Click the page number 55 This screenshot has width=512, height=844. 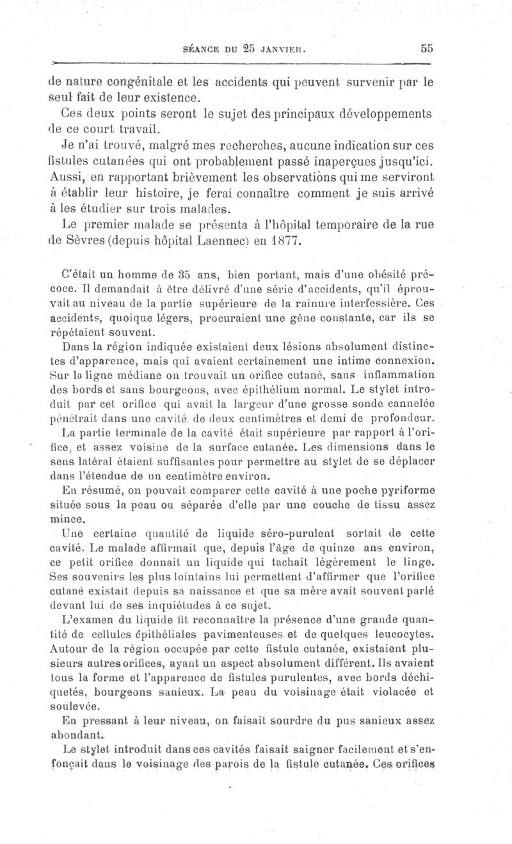tap(427, 48)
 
